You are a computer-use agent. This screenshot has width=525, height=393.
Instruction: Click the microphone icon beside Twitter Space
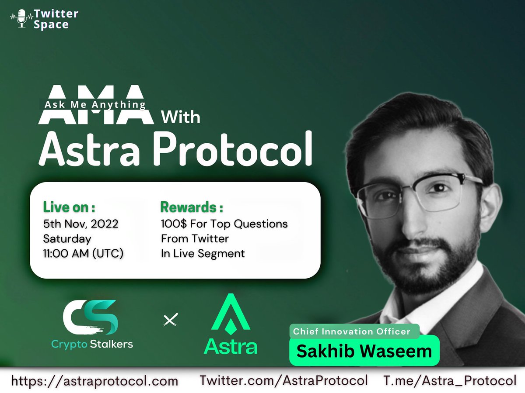(x=21, y=19)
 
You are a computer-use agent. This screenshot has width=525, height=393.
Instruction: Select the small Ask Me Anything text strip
(x=94, y=104)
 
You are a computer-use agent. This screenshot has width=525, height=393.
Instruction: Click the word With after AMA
(x=180, y=117)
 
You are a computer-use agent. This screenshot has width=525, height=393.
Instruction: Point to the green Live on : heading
(x=69, y=207)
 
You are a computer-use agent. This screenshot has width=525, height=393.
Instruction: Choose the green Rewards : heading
(x=192, y=207)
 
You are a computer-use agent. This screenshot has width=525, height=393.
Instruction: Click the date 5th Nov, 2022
(x=80, y=224)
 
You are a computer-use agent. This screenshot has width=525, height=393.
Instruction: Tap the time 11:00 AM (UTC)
(x=83, y=253)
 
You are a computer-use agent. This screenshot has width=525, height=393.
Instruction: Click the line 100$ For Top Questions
(x=224, y=224)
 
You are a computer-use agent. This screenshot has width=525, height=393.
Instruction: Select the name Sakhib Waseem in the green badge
(x=364, y=351)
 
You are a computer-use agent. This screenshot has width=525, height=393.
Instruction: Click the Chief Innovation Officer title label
(x=352, y=331)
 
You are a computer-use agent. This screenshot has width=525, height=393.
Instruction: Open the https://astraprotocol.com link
(x=94, y=381)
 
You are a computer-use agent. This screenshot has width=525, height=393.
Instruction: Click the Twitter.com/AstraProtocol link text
(x=283, y=380)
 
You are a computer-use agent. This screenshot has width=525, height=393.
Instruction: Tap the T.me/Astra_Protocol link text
(x=450, y=380)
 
